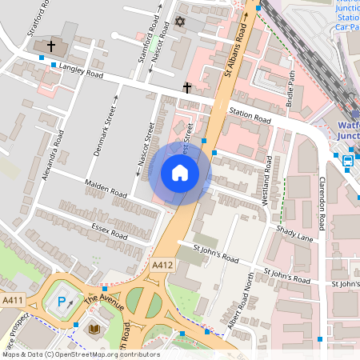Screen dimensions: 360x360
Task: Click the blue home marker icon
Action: [180, 173]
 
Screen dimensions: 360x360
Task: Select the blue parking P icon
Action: [62, 302]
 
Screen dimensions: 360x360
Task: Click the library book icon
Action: [94, 328]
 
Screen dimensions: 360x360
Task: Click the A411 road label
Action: [13, 300]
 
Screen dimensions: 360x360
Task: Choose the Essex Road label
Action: [108, 231]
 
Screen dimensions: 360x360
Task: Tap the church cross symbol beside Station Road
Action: [187, 86]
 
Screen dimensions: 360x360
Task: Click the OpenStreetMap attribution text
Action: [80, 354]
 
